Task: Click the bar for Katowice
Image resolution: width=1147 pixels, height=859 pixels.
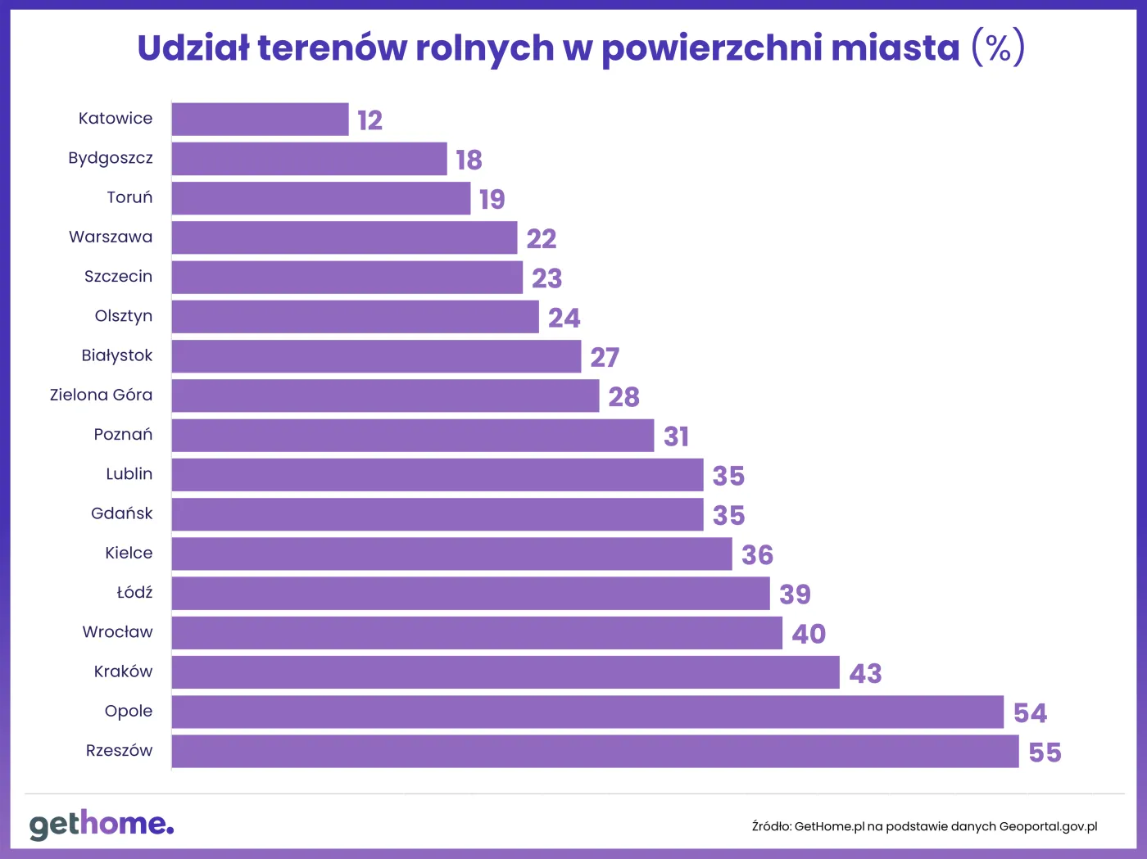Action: tap(260, 120)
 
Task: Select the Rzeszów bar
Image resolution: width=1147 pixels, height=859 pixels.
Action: tap(595, 752)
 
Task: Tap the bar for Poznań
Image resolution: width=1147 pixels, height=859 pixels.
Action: tap(412, 436)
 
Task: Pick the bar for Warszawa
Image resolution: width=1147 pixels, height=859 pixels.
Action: tap(344, 238)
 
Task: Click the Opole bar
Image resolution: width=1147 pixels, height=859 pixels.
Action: tap(587, 712)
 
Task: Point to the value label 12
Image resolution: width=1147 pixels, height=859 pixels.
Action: tap(370, 120)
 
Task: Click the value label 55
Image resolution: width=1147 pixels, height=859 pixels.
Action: tap(1045, 753)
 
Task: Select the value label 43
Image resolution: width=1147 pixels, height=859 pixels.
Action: tap(865, 674)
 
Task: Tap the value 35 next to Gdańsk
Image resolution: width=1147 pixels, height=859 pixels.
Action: tap(728, 516)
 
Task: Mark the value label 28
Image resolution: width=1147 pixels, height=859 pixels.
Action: tap(623, 397)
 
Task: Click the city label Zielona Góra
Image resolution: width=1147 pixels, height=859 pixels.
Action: tap(101, 395)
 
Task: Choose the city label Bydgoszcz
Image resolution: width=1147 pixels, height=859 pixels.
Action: tap(111, 158)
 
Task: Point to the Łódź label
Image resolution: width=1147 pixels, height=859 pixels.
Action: tap(134, 592)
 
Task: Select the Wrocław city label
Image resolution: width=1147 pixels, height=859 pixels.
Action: tap(117, 632)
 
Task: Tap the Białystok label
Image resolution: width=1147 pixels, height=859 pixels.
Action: tap(117, 355)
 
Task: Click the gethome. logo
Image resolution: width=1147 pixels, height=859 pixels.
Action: tap(102, 824)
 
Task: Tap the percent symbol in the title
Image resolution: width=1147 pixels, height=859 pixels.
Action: tap(998, 48)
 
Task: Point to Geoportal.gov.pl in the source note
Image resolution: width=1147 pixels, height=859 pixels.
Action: tap(1048, 827)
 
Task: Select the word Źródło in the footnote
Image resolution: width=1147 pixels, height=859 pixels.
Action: tap(771, 827)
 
